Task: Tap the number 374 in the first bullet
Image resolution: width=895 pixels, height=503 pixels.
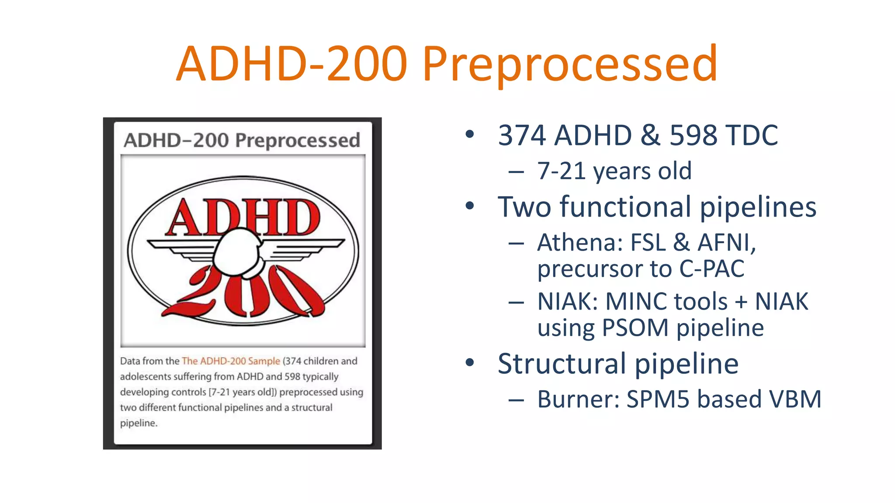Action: point(522,135)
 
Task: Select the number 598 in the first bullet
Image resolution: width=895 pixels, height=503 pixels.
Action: point(693,135)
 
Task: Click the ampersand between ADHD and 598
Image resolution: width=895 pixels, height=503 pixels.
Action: point(650,135)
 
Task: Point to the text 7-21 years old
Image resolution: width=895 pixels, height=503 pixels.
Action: point(614,171)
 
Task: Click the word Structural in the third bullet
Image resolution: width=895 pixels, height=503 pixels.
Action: point(561,364)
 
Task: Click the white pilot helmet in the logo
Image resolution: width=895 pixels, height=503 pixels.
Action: point(236,253)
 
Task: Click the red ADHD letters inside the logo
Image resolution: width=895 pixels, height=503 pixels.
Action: point(243,217)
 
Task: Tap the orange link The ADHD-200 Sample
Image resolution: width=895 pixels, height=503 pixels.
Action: point(231,361)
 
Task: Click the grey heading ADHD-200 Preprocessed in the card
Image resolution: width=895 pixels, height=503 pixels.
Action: point(242,141)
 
